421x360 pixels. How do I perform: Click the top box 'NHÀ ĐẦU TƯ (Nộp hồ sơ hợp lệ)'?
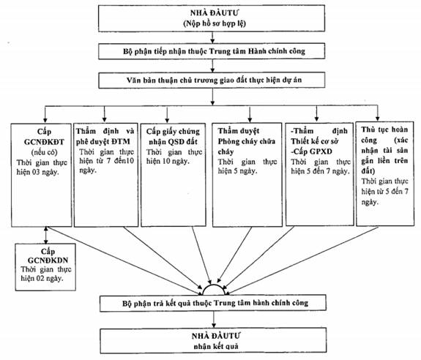click(x=212, y=18)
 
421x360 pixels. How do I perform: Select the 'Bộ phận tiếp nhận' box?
click(x=212, y=51)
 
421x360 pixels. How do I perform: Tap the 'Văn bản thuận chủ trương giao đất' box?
click(x=212, y=80)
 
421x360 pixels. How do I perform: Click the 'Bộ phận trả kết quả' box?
click(x=213, y=303)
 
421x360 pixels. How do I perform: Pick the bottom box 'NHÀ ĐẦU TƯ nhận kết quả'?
click(x=214, y=341)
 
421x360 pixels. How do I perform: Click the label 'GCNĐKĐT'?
click(x=44, y=142)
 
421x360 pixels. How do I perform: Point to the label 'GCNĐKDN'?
click(x=48, y=260)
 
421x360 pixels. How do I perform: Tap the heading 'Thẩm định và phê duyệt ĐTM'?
click(x=105, y=136)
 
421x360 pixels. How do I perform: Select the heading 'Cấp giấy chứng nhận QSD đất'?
click(x=174, y=136)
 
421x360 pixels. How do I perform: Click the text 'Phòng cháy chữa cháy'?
click(x=247, y=146)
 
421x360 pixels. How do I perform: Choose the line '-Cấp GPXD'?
click(x=311, y=151)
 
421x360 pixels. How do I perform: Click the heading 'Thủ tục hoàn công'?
click(x=384, y=135)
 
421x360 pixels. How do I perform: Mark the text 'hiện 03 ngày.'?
click(x=38, y=172)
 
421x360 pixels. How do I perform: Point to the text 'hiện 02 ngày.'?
click(x=42, y=279)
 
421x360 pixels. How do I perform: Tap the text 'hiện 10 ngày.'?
click(x=168, y=161)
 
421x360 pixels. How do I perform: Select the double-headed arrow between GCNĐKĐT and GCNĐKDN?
click(x=46, y=236)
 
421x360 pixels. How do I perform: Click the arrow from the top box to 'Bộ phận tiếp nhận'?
click(x=212, y=37)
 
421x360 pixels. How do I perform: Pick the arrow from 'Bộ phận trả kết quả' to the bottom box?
click(x=214, y=320)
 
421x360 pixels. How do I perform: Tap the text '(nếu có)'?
click(x=45, y=152)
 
